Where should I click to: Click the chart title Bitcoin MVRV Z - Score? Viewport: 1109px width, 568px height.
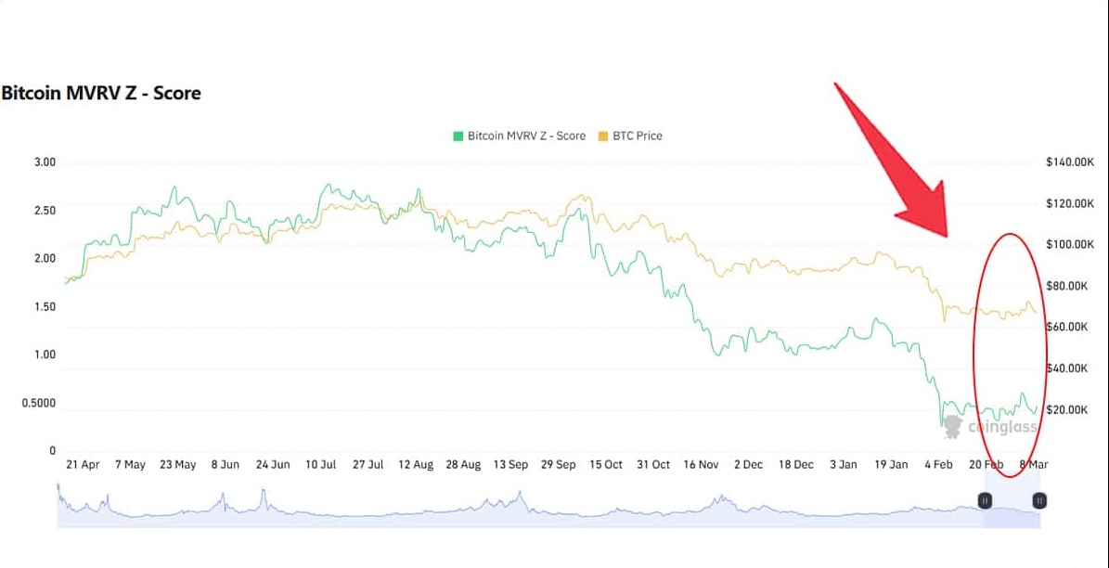pyautogui.click(x=100, y=93)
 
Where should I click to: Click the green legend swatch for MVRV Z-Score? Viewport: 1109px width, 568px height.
pyautogui.click(x=458, y=136)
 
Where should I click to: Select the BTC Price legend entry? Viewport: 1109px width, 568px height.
pyautogui.click(x=630, y=136)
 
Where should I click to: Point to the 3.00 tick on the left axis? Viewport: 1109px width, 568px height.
pyautogui.click(x=45, y=162)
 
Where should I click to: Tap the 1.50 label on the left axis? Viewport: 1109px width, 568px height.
pyautogui.click(x=45, y=306)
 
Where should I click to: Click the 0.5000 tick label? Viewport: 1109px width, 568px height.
pyautogui.click(x=38, y=403)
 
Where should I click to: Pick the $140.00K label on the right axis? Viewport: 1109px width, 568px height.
pyautogui.click(x=1071, y=162)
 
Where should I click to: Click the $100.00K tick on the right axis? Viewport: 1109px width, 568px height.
pyautogui.click(x=1071, y=244)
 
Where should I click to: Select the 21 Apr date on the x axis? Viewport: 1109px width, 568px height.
pyautogui.click(x=83, y=464)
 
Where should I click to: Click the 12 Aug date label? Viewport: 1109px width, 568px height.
pyautogui.click(x=416, y=464)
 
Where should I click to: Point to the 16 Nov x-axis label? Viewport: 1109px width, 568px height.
pyautogui.click(x=701, y=464)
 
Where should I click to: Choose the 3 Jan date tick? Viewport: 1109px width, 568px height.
pyautogui.click(x=844, y=464)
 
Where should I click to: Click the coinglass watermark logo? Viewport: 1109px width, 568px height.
pyautogui.click(x=953, y=427)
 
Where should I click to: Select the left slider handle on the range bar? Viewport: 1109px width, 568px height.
pyautogui.click(x=985, y=500)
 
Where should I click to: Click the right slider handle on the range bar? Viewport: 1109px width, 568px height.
pyautogui.click(x=1039, y=500)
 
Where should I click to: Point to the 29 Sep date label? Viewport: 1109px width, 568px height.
pyautogui.click(x=559, y=464)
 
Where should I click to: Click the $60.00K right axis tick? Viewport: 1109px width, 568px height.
pyautogui.click(x=1068, y=327)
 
